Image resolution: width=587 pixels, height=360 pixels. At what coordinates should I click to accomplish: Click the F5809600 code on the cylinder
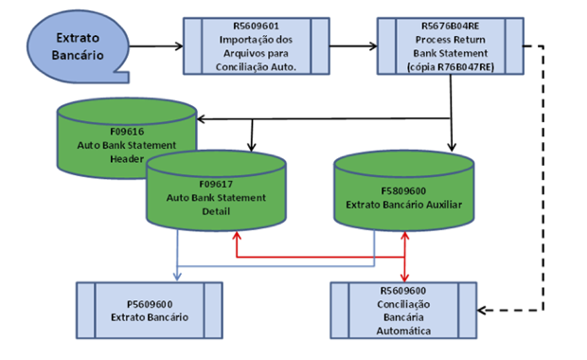point(406,189)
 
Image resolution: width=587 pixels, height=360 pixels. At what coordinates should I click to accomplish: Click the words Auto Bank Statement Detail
point(218,205)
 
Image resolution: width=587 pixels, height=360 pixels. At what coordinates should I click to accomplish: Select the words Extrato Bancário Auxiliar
point(406,204)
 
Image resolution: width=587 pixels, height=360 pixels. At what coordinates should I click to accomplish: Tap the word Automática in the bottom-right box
point(404,332)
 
